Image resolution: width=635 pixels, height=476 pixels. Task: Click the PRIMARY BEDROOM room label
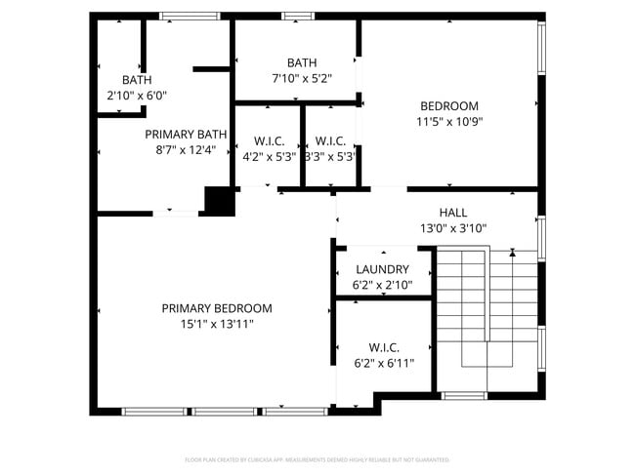point(217,308)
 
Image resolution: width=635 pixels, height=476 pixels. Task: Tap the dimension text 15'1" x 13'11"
point(217,324)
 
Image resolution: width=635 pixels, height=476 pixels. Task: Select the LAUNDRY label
point(382,270)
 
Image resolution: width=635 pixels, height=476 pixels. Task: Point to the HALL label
point(452,213)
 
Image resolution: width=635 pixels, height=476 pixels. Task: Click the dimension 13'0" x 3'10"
point(452,228)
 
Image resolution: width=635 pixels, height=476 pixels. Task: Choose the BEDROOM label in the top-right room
point(448,106)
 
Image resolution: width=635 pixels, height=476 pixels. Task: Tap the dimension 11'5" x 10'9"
point(448,122)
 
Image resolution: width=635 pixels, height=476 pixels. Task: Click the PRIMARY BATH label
point(186,135)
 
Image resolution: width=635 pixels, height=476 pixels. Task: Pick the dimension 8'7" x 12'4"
point(186,150)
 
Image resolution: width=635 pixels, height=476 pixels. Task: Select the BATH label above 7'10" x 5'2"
point(301,63)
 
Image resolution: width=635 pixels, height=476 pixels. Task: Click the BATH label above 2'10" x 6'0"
point(137,80)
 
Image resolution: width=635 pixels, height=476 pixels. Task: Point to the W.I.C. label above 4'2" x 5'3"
point(269,140)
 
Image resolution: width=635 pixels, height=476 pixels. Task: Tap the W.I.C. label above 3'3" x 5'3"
point(329,140)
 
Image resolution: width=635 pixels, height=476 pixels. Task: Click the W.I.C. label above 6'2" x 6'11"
point(383,347)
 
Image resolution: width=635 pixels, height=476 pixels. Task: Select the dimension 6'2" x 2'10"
point(382,286)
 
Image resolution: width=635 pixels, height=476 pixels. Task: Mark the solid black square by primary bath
point(220,201)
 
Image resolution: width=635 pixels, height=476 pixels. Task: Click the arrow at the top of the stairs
point(513,253)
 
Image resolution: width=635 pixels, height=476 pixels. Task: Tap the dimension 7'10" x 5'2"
point(301,79)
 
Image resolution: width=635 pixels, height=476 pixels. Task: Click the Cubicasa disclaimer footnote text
point(317,458)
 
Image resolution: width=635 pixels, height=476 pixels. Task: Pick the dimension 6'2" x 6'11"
point(383,363)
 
